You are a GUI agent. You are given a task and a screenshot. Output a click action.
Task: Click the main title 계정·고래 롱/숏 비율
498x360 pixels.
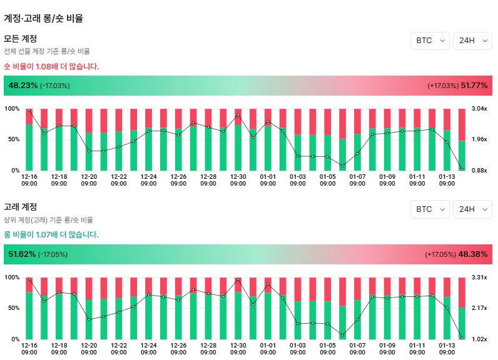[43, 19]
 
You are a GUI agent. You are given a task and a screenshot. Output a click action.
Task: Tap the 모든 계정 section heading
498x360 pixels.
[21, 39]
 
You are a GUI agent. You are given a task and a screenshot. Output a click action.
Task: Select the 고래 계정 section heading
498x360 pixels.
[21, 207]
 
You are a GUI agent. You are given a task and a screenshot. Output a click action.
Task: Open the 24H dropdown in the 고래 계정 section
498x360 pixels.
[472, 209]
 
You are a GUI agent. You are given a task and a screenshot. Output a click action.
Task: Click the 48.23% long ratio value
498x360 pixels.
[23, 86]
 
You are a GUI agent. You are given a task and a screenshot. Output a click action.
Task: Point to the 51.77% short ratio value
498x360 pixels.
[474, 86]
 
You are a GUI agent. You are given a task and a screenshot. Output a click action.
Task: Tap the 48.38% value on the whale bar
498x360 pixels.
[474, 254]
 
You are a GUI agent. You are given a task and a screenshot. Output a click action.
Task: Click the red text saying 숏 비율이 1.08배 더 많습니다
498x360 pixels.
[51, 66]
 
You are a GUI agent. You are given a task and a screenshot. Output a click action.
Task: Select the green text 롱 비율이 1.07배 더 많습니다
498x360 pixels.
[51, 235]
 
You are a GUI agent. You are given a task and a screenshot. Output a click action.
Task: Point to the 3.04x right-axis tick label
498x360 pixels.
[479, 109]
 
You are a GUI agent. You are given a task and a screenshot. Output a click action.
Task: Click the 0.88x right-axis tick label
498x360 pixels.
[479, 170]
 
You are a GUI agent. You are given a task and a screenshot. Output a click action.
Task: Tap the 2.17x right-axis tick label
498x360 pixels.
[479, 308]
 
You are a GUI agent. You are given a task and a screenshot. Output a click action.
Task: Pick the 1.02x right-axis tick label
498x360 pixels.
[479, 339]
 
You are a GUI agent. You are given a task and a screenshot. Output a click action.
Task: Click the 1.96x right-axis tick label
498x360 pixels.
[479, 139]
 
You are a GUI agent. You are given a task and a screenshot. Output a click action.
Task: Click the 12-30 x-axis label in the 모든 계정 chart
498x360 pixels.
[238, 180]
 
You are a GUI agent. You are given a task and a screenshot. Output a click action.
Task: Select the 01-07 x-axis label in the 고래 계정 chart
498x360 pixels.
[357, 348]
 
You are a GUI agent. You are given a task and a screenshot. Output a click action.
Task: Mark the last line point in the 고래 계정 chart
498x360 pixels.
[462, 338]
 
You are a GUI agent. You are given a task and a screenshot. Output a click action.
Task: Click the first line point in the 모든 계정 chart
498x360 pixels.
[29, 110]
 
